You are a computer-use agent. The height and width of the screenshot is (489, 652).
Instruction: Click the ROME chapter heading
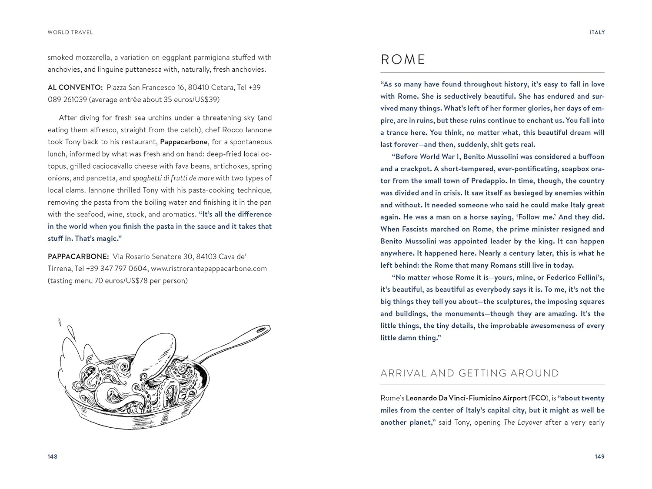403,60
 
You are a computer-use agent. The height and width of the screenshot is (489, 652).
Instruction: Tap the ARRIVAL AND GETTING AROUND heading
469,373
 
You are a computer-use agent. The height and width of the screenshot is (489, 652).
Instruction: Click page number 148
53,456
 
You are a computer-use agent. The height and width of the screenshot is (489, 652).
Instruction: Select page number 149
599,456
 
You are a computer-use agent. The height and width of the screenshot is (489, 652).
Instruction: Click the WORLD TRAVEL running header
70,32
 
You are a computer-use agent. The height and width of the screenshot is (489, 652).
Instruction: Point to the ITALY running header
597,32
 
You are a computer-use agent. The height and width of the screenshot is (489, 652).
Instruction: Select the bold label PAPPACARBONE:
78,256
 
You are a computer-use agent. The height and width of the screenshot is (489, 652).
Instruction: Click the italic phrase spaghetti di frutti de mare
173,178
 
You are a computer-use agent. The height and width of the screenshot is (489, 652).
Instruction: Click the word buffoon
591,156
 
